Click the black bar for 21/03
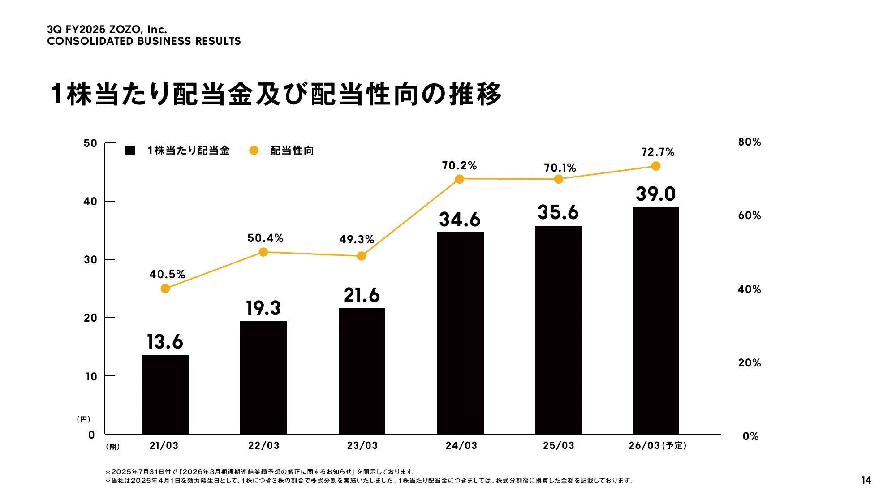point(165,394)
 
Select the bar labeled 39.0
point(655,320)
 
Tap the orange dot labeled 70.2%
point(459,179)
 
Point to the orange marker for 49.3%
point(361,256)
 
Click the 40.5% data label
point(167,274)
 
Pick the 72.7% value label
point(657,152)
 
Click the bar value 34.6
point(460,220)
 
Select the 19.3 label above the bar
point(263,308)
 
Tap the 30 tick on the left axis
point(90,260)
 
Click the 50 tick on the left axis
point(90,143)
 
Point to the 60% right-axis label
point(749,215)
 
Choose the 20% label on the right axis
point(749,363)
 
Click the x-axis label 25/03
point(558,446)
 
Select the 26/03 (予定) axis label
point(657,446)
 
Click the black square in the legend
point(130,151)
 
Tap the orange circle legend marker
point(254,151)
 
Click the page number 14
point(866,480)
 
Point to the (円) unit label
point(84,419)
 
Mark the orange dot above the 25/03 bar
point(558,179)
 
